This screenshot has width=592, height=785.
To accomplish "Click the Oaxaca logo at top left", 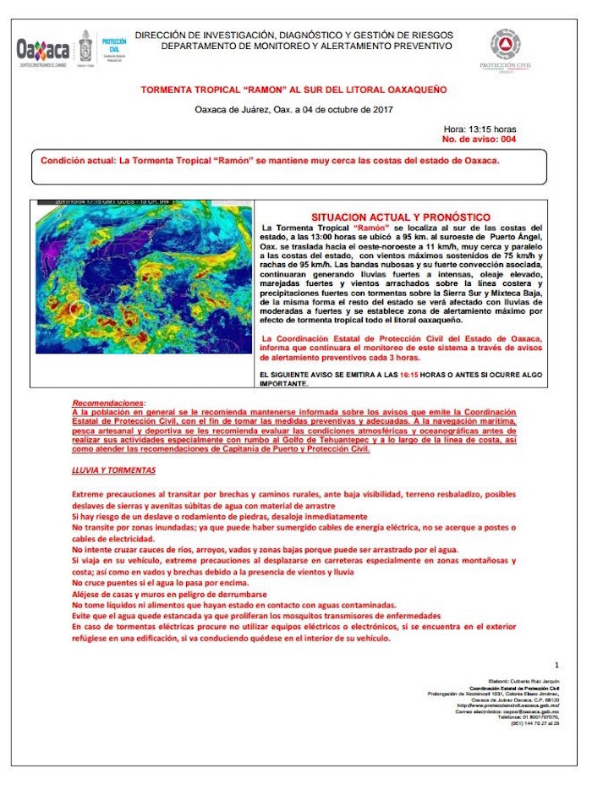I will [42, 49].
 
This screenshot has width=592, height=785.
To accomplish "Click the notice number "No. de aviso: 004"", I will [479, 138].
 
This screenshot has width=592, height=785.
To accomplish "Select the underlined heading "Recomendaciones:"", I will [108, 403].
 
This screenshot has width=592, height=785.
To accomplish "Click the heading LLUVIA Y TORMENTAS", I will [113, 469].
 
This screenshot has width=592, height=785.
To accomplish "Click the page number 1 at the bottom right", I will [556, 666].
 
